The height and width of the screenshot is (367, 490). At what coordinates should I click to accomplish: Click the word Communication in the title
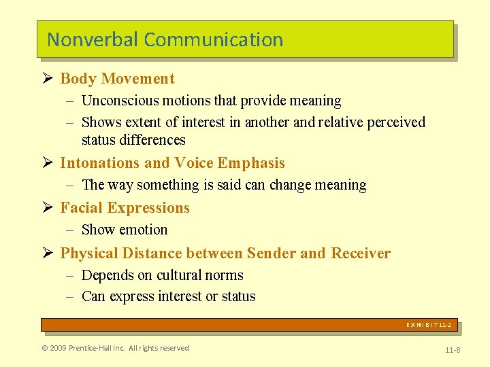(214, 39)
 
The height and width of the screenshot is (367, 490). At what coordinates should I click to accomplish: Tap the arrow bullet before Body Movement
(48, 78)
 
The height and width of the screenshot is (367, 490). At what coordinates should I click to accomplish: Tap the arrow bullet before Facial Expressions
(48, 207)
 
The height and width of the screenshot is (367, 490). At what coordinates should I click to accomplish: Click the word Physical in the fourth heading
(88, 254)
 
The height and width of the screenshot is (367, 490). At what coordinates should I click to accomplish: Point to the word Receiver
(361, 254)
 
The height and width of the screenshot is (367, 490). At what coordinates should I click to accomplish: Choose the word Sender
(271, 254)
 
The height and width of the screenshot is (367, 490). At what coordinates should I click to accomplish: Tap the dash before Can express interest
(71, 296)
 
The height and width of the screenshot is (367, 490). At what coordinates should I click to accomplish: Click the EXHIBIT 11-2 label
(429, 326)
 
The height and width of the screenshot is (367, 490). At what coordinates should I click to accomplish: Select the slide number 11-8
(452, 349)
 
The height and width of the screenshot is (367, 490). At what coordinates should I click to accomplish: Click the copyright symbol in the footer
(45, 348)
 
